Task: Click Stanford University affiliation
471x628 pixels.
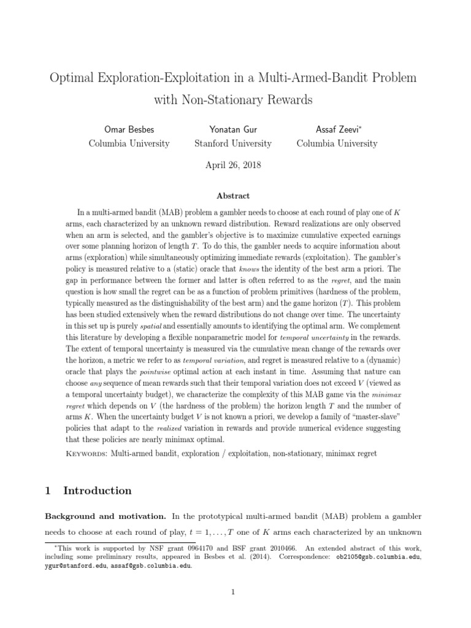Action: coord(233,144)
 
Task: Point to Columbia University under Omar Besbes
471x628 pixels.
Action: coord(129,144)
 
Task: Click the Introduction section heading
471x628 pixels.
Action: coord(97,491)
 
